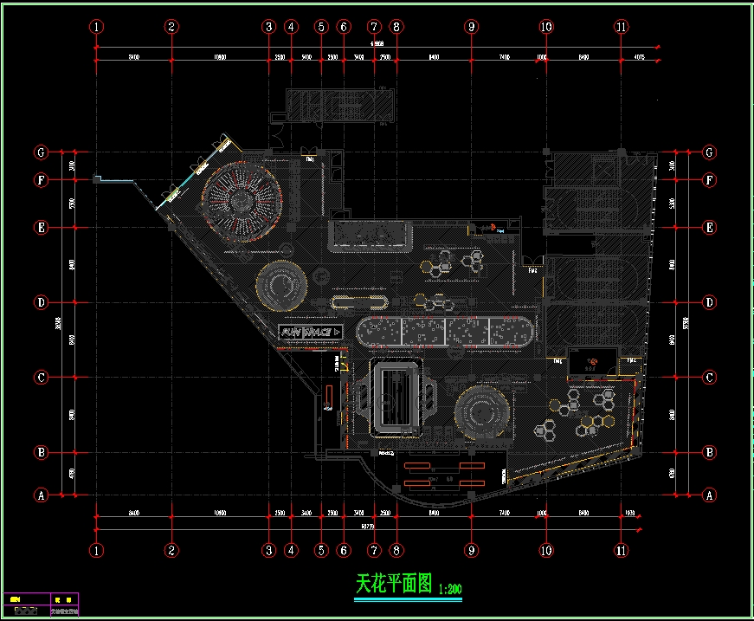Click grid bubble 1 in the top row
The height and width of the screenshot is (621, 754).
pyautogui.click(x=96, y=27)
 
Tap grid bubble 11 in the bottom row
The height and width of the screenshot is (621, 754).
pyautogui.click(x=621, y=550)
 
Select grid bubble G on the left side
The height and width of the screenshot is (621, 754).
pyautogui.click(x=40, y=152)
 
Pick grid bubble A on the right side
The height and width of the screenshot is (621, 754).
pyautogui.click(x=710, y=495)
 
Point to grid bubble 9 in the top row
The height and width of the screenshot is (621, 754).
pyautogui.click(x=471, y=27)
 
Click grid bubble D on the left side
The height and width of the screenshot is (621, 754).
pyautogui.click(x=40, y=303)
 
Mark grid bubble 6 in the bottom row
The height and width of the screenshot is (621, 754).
pyautogui.click(x=344, y=550)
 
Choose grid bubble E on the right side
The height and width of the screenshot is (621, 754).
pyautogui.click(x=710, y=228)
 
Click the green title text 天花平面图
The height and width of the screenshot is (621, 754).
pyautogui.click(x=393, y=584)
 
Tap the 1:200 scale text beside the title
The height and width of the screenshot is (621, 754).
pyautogui.click(x=450, y=588)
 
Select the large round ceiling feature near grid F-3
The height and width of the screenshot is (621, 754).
pyautogui.click(x=242, y=201)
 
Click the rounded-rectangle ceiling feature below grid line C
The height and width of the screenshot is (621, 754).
pyautogui.click(x=397, y=398)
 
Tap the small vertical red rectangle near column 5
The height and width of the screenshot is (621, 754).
pyautogui.click(x=329, y=396)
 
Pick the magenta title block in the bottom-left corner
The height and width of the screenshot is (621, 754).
pyautogui.click(x=41, y=604)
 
